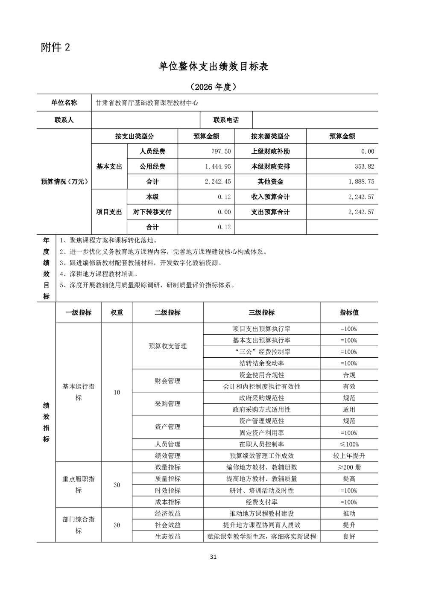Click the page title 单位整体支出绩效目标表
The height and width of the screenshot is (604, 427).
(213, 66)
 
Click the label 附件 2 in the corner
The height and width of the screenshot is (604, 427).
(56, 47)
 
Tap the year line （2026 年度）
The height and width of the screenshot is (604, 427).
(213, 87)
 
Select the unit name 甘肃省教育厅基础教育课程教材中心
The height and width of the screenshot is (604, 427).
(147, 103)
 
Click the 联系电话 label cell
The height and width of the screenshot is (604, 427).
(226, 120)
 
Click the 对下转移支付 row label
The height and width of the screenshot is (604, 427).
(152, 212)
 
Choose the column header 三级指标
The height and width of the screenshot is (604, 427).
(261, 312)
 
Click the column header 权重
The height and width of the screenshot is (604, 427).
(117, 312)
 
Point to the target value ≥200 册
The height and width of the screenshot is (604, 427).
(349, 467)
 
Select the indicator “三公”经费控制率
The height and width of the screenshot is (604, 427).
(261, 352)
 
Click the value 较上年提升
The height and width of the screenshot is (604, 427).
(349, 456)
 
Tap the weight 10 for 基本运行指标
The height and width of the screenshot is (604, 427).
(117, 392)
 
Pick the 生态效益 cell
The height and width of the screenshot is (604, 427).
(167, 537)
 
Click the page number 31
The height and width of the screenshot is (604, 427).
(213, 557)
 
